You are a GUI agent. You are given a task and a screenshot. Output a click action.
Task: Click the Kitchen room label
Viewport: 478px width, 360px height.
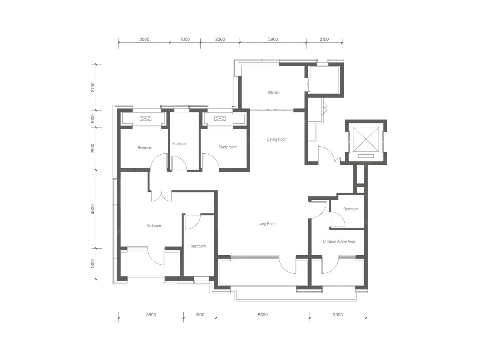[274, 92]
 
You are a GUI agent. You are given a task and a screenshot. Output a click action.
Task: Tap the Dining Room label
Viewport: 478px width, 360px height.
[277, 139]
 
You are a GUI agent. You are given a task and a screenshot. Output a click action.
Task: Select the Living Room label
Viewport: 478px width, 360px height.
[266, 223]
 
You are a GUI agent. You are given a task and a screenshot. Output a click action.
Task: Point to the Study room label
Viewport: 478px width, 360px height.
[227, 147]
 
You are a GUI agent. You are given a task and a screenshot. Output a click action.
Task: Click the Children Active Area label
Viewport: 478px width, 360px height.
[338, 241]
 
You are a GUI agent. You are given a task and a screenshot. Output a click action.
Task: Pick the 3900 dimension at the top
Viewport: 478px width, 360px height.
[273, 39]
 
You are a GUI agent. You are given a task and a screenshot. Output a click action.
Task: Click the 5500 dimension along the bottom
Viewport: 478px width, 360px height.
[263, 315]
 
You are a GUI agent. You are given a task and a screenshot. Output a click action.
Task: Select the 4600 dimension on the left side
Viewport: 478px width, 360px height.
[93, 209]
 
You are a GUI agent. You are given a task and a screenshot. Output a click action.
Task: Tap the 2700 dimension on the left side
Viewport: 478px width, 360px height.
[93, 87]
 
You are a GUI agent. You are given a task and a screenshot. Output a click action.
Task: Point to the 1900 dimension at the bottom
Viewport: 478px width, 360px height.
[200, 315]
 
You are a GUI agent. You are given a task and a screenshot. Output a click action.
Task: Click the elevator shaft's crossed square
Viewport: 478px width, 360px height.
[366, 139]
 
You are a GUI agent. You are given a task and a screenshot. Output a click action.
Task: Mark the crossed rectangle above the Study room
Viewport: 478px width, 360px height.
[220, 119]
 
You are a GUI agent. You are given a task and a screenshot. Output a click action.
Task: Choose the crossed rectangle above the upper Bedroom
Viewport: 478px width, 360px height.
[145, 119]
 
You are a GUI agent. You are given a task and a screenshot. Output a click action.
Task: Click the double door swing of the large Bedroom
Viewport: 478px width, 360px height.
[161, 197]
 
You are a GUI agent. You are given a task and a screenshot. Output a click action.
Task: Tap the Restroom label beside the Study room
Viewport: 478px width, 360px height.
[180, 143]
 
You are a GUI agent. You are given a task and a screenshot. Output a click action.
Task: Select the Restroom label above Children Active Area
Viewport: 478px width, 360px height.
[351, 209]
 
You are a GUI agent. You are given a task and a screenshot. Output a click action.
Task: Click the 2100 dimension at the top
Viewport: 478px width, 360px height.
[324, 39]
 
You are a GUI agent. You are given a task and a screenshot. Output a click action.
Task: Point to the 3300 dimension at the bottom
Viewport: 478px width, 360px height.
[338, 315]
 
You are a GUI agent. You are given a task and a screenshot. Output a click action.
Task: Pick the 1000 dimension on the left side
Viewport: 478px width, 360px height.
[93, 119]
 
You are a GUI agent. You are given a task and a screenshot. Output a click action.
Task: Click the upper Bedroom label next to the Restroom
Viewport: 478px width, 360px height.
[145, 148]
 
